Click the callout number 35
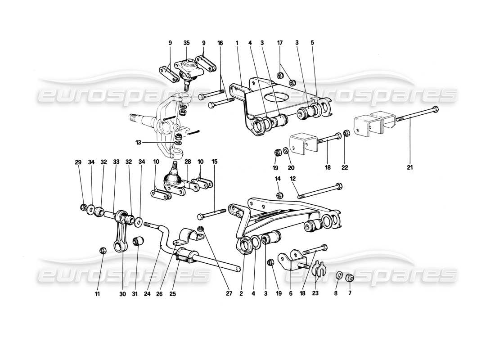point(187,43)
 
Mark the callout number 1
point(236,43)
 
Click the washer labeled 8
point(339,275)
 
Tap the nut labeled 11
point(102,250)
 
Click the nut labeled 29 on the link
point(82,207)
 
